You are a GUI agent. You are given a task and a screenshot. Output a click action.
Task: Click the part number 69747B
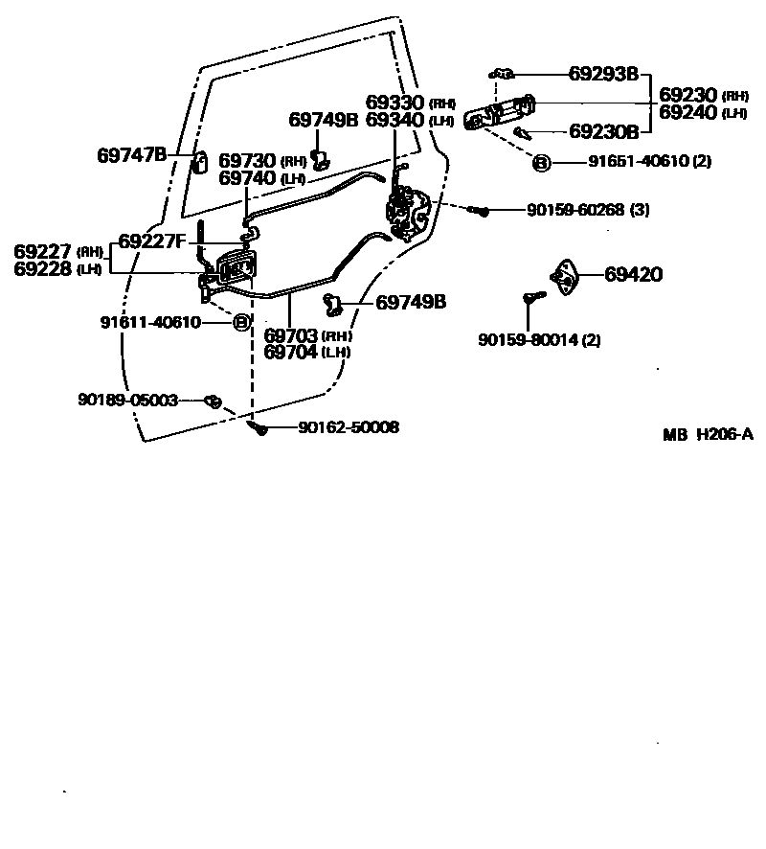(132, 154)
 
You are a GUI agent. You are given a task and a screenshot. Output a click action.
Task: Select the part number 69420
(633, 275)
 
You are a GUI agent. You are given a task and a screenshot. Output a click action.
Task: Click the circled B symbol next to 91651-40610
(541, 162)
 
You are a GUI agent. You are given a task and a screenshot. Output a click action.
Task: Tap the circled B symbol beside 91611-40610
(241, 322)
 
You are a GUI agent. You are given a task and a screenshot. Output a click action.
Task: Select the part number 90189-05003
(128, 400)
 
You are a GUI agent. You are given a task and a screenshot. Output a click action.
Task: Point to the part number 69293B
(603, 74)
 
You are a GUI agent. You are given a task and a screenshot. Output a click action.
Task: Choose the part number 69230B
(603, 131)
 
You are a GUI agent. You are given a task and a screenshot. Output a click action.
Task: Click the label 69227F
(151, 241)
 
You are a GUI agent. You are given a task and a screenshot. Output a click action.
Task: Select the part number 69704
(291, 351)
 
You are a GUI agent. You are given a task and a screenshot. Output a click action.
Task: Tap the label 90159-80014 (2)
(540, 339)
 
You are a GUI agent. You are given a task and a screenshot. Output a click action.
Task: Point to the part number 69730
(248, 160)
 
